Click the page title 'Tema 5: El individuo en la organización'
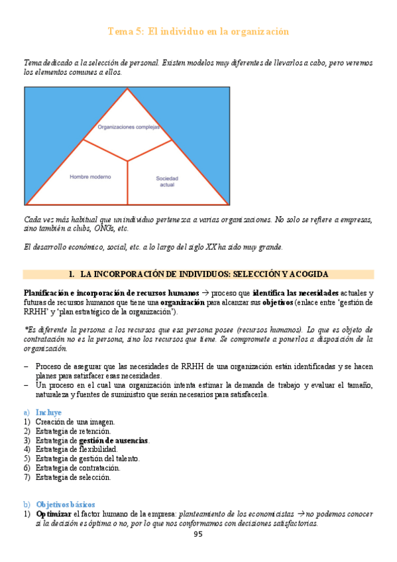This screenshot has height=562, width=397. (x=198, y=32)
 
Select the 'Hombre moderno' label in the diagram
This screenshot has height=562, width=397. (x=90, y=177)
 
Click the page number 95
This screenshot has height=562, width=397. (x=198, y=534)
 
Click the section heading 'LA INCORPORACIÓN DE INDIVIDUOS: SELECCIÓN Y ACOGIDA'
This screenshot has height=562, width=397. (x=203, y=274)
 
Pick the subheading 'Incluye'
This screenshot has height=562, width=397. (x=49, y=412)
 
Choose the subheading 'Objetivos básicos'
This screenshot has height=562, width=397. (x=66, y=504)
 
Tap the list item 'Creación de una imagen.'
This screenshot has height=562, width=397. (x=75, y=421)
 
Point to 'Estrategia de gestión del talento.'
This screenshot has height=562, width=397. (x=87, y=458)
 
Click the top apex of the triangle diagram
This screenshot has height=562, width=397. (x=127, y=89)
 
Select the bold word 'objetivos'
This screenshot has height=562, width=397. (x=276, y=302)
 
